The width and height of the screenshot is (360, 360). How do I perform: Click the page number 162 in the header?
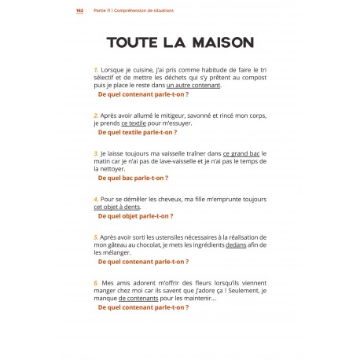(x=79, y=11)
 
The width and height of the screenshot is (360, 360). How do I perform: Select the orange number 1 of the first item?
(x=95, y=70)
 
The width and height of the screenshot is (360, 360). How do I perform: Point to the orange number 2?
(x=95, y=115)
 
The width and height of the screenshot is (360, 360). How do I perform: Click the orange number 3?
(x=95, y=153)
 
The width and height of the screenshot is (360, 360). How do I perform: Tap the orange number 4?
(x=95, y=199)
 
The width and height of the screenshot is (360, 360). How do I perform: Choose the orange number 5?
(x=95, y=237)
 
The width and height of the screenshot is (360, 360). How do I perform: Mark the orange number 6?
(x=95, y=281)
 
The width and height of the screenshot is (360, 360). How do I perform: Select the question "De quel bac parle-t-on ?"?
(x=133, y=178)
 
